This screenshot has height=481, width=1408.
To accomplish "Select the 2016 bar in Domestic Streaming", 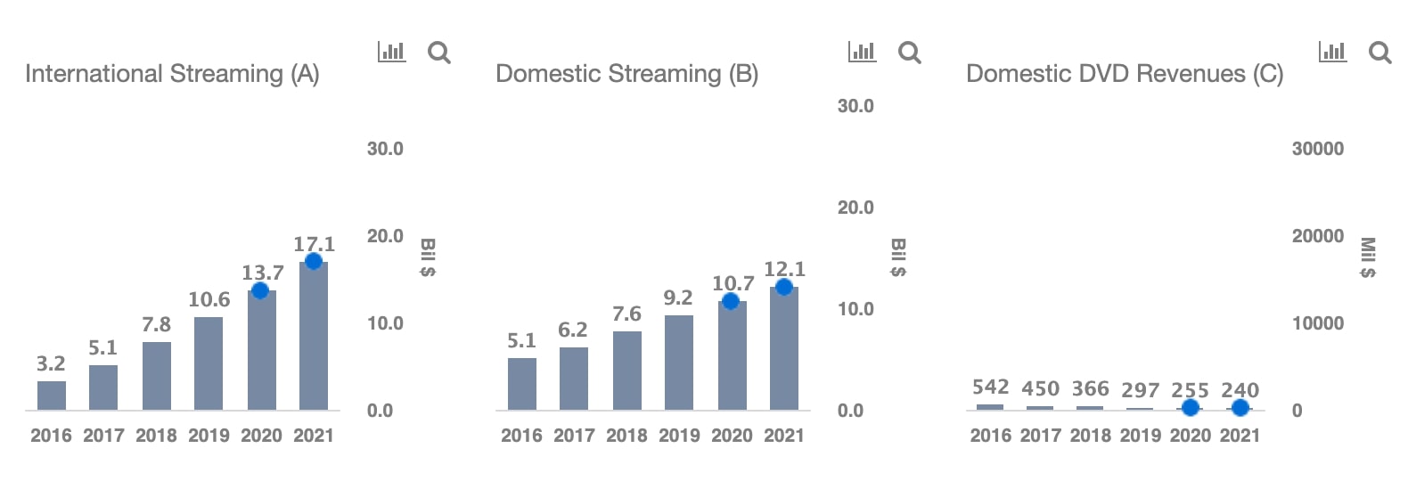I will click(x=522, y=384).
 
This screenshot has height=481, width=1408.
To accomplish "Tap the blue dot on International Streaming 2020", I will click(x=260, y=290).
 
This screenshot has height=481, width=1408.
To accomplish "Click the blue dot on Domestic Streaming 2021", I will click(x=784, y=287).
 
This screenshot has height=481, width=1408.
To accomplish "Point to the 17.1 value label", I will click(x=315, y=243).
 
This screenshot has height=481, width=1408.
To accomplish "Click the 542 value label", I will click(x=990, y=387).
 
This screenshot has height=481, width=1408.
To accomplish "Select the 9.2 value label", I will click(x=678, y=298).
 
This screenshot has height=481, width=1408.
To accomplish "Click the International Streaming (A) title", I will click(x=172, y=74).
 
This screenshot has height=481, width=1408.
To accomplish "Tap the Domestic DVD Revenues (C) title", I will click(x=1125, y=74).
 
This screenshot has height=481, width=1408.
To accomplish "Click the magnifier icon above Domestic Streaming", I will click(x=909, y=53).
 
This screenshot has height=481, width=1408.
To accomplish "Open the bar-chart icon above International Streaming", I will click(x=391, y=52).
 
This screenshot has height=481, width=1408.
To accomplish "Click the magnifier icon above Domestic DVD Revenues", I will click(x=1379, y=53).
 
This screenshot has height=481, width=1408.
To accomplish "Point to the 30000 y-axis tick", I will click(x=1317, y=149).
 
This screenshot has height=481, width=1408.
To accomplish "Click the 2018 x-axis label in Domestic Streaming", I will click(x=626, y=436).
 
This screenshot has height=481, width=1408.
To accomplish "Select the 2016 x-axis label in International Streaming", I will click(x=51, y=436).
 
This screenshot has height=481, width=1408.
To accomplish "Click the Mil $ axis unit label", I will click(x=1367, y=257).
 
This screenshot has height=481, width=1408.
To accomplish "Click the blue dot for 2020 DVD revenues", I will click(x=1190, y=408).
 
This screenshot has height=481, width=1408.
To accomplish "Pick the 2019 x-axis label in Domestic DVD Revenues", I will click(x=1140, y=436).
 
